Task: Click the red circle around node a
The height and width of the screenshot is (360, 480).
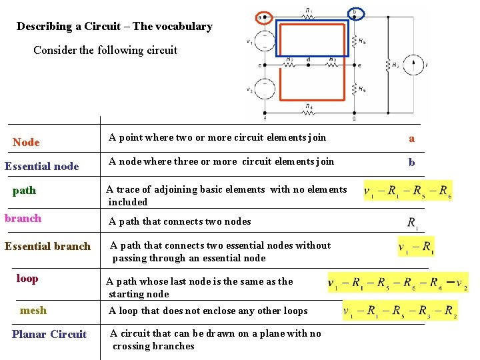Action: pos(263,17)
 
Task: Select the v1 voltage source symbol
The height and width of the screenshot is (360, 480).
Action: pos(265,41)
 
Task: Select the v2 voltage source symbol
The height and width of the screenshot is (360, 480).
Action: pos(265,89)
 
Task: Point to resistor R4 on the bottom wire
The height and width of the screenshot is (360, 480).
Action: pos(308,112)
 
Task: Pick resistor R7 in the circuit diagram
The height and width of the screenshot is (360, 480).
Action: pos(387,65)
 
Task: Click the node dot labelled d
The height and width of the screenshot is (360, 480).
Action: pos(308,65)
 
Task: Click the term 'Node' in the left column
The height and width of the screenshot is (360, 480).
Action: pos(26,142)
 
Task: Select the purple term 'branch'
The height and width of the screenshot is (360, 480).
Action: pos(23,218)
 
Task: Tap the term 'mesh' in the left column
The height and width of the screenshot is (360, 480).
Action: pos(33,310)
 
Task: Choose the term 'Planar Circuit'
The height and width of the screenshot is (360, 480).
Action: pos(49,334)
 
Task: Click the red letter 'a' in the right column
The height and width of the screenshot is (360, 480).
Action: pos(411,139)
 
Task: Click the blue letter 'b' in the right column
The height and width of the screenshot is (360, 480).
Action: pos(411,162)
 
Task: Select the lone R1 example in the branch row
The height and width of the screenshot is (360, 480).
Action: pos(413,223)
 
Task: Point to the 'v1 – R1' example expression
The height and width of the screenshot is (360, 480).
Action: pos(416,247)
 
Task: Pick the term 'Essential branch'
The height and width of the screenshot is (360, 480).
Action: pos(47,246)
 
